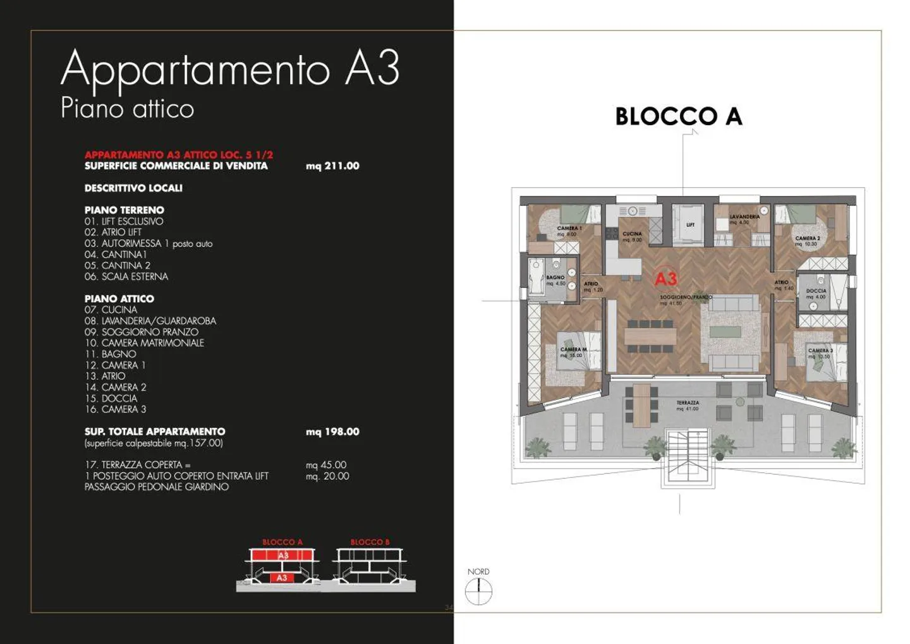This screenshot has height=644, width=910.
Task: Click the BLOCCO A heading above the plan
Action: [x=678, y=116]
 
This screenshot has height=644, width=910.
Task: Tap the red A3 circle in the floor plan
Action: [x=665, y=279]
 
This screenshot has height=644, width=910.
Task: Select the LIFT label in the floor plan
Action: [x=690, y=224]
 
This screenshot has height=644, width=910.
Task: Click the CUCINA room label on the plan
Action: [x=631, y=234]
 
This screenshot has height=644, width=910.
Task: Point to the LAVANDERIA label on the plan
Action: [x=744, y=217]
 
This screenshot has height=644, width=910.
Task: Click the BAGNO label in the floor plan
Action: [x=555, y=277]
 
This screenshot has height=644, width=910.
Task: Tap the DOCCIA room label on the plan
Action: [x=816, y=291]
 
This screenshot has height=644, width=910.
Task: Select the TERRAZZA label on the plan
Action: [x=688, y=403]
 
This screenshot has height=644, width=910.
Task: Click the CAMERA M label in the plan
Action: [x=573, y=349]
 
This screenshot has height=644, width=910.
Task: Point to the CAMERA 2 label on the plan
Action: [x=807, y=238]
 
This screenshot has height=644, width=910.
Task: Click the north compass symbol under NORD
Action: [x=478, y=592]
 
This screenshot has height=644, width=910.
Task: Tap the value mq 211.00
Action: [x=332, y=166]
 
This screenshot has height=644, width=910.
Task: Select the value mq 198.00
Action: [x=332, y=432]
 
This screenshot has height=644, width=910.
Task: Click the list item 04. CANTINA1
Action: [x=116, y=255]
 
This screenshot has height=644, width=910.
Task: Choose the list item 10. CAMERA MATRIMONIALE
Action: [x=144, y=343]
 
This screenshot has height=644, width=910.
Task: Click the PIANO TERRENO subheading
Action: [x=124, y=210]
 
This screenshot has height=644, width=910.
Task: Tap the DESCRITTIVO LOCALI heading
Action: [x=133, y=188]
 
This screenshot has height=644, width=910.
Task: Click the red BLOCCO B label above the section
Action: [x=370, y=542]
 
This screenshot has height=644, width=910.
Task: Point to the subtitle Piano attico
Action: [x=127, y=108]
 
